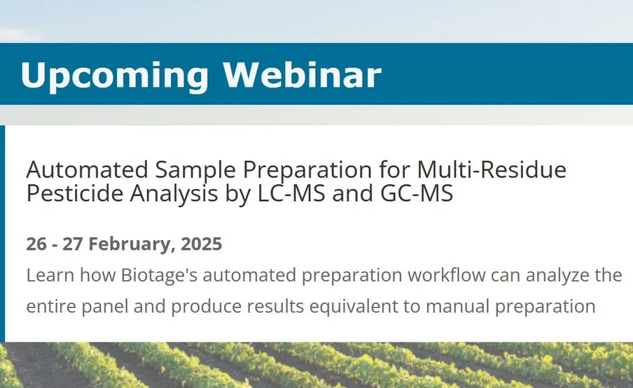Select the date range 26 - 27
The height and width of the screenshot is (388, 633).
pos(55,244)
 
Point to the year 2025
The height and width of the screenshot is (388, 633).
pos(201,244)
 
